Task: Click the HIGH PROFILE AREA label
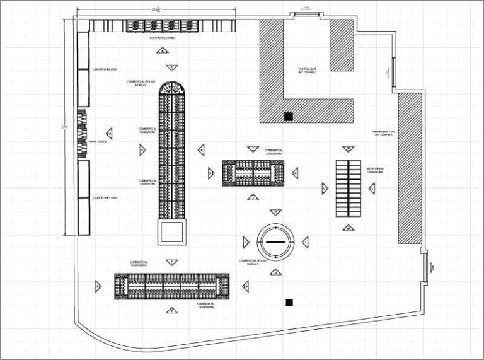(x=162, y=38)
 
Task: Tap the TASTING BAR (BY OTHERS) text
(x=307, y=71)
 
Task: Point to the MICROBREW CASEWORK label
(x=375, y=171)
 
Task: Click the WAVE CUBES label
(x=97, y=141)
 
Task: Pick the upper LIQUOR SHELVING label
(x=105, y=69)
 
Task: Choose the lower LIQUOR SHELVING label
(x=105, y=197)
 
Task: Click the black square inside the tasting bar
(x=288, y=116)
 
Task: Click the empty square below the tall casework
(x=172, y=233)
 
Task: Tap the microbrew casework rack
(x=348, y=187)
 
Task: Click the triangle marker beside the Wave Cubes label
(x=109, y=134)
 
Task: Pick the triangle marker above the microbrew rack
(x=347, y=149)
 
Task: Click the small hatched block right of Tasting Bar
(x=342, y=44)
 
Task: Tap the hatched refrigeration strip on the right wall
(x=410, y=168)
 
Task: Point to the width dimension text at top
(x=156, y=9)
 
